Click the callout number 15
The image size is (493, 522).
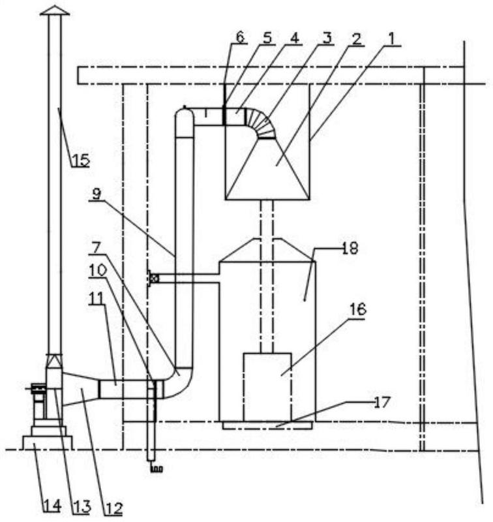point(81,161)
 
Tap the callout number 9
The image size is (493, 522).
point(97,194)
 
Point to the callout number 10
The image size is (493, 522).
point(97,270)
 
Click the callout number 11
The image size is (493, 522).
point(97,298)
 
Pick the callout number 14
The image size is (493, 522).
point(53,506)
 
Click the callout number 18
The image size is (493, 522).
point(350,248)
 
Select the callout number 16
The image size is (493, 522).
point(357,309)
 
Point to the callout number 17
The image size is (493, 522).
point(381,403)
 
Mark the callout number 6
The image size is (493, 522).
point(240,37)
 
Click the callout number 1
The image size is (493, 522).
point(392,38)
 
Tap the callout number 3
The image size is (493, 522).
point(327,38)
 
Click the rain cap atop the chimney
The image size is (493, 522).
point(55,10)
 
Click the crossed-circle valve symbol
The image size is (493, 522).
point(155,279)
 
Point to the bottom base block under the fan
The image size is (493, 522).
point(47,442)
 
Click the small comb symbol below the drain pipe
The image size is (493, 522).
point(157,469)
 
